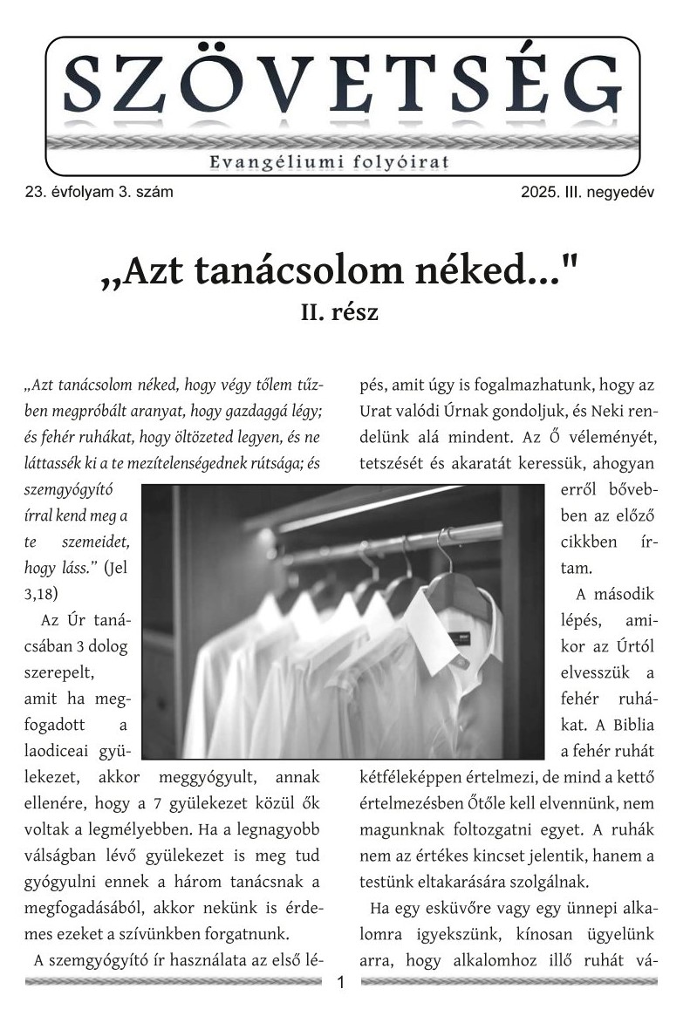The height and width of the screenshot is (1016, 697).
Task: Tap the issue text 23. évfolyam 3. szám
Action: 99,192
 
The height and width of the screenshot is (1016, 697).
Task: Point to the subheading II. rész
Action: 339,311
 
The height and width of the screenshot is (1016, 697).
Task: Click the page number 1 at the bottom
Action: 341,983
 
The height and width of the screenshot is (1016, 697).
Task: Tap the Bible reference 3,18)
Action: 42,593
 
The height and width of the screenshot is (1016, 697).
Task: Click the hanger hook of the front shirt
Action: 448,545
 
